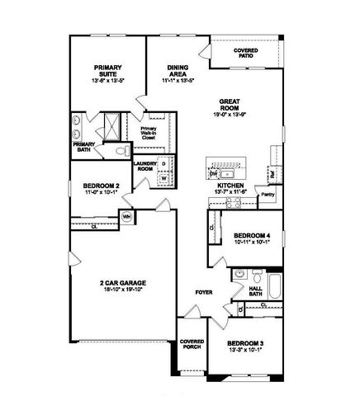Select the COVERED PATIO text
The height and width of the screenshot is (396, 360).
point(245,52)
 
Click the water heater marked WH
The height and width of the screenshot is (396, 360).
point(127,216)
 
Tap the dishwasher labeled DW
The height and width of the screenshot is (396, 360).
point(213,175)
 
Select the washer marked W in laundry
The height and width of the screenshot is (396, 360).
point(163,177)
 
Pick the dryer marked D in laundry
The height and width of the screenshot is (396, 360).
point(163,163)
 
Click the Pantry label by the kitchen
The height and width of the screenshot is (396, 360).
point(267,195)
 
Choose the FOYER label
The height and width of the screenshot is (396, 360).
point(204,292)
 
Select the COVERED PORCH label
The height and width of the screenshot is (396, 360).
point(192,346)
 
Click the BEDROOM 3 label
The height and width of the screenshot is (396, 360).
point(244,342)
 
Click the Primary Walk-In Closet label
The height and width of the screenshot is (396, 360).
point(149,131)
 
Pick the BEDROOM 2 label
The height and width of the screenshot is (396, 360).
point(102,186)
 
